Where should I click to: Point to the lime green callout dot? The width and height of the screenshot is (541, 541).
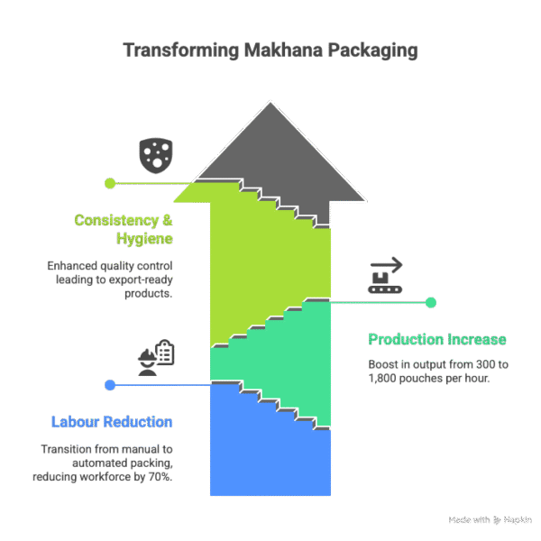click(x=110, y=183)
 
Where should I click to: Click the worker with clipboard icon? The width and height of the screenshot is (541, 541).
click(x=156, y=357)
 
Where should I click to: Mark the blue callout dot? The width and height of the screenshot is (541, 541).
click(x=110, y=385)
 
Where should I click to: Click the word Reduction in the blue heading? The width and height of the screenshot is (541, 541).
click(x=140, y=422)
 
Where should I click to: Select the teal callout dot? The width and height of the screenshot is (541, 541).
click(x=431, y=302)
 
